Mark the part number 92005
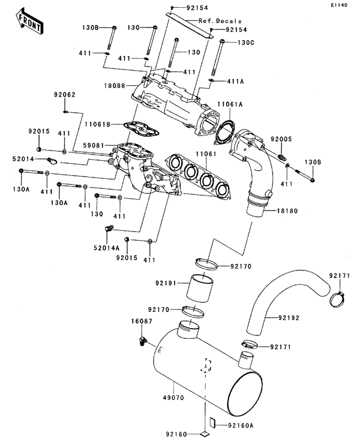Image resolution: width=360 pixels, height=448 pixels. pos(280,139)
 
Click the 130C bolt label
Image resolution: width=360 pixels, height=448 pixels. pos(247,43)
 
